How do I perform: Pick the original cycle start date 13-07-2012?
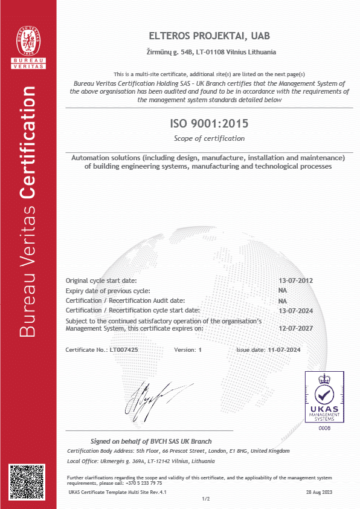295,281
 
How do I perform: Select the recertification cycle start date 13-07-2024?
295,310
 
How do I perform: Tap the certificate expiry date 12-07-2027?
295,328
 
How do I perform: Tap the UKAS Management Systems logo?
325,398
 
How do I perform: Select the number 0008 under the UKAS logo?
325,428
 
